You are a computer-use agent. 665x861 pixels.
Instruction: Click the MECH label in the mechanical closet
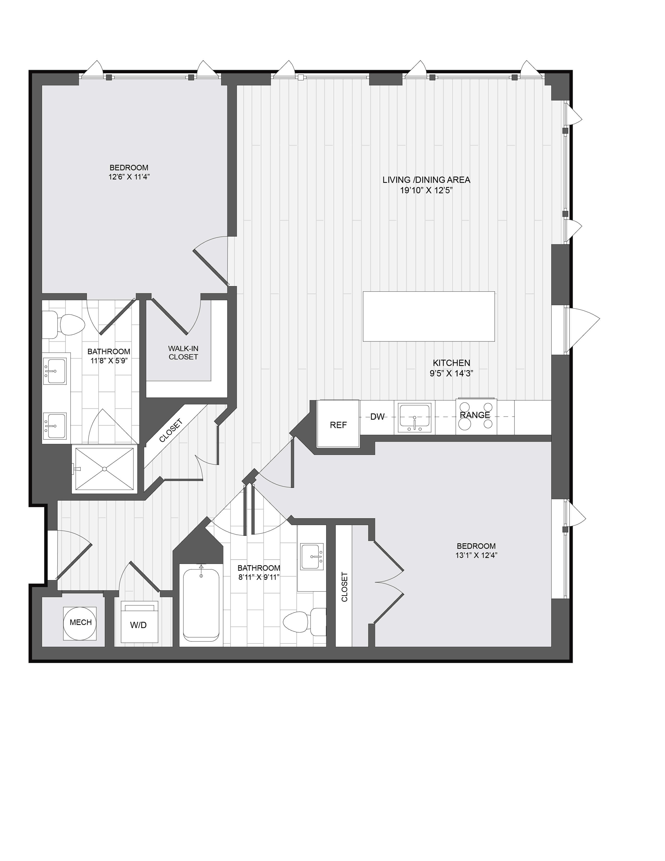coord(80,622)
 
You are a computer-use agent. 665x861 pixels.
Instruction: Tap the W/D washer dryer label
coord(138,625)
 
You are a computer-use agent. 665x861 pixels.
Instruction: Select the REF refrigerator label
coord(338,425)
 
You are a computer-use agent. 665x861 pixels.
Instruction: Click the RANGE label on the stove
coord(475,415)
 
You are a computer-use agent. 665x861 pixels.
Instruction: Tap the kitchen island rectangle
coord(428,316)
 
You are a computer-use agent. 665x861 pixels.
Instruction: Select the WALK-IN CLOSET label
coord(183,352)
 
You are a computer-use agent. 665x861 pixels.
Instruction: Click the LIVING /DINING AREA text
coord(426,180)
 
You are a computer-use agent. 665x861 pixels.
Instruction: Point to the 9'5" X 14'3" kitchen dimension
coord(451,373)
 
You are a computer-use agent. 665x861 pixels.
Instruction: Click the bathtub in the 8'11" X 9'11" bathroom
coord(201,605)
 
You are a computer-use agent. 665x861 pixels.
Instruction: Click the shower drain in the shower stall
coord(105,469)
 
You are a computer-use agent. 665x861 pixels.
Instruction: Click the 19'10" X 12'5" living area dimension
coord(426,190)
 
